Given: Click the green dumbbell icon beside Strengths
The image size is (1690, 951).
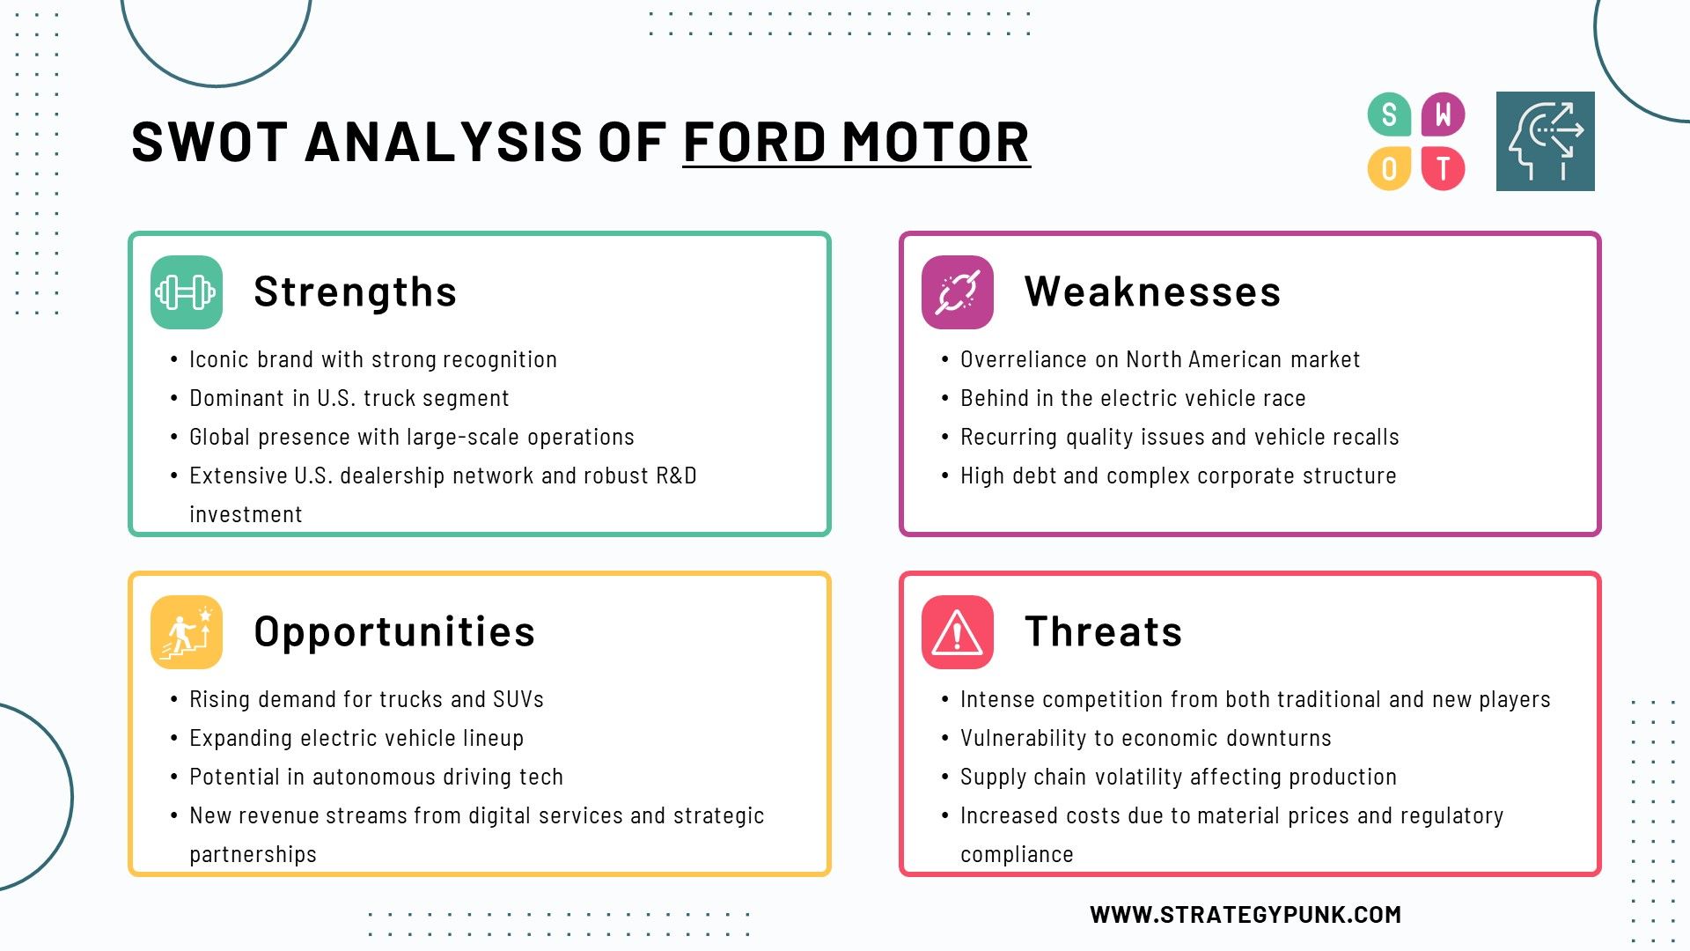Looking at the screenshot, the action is [187, 292].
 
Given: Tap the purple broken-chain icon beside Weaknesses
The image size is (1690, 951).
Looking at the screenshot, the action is [958, 292].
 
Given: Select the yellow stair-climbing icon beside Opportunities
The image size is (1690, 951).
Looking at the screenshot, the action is [187, 632].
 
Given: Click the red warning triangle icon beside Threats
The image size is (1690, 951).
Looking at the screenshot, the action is [958, 632].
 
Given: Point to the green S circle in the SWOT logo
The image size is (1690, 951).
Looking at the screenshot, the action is [1389, 114].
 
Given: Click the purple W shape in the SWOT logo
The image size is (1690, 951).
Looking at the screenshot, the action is [1444, 114].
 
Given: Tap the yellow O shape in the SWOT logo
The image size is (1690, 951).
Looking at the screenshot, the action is [1389, 168].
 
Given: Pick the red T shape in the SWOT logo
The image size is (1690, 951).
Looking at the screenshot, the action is [1444, 168].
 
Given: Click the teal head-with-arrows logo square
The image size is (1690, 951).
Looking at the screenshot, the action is [1546, 141].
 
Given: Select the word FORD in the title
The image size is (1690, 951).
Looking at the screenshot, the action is [755, 142].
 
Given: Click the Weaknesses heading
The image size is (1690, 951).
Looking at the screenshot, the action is [1152, 291].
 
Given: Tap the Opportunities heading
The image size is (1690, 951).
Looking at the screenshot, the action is [394, 632].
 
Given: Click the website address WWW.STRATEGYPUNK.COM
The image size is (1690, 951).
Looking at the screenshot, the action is [1245, 915].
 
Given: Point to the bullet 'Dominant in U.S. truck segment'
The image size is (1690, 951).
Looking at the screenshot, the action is [349, 398].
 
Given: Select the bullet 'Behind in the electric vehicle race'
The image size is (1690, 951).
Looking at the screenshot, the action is [1133, 398].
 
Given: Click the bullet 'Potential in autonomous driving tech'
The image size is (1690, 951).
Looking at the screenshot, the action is [376, 777].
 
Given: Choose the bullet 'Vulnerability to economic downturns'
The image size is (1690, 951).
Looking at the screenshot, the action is [1146, 738].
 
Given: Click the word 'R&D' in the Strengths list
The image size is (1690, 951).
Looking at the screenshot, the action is [676, 475].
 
